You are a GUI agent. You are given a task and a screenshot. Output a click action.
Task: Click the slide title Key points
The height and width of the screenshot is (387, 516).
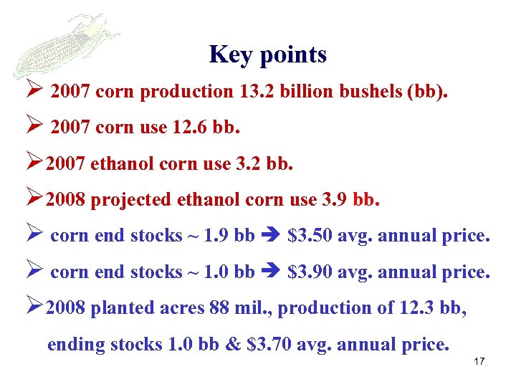point(268,54)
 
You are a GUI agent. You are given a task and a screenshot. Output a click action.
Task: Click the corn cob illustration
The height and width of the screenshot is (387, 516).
point(64,43)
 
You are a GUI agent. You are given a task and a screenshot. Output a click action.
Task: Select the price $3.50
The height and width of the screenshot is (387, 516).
point(310,236)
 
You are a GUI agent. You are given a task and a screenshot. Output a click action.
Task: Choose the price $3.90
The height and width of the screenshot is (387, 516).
point(310,272)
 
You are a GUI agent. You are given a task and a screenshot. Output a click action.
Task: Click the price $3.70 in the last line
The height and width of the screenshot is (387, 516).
point(269,344)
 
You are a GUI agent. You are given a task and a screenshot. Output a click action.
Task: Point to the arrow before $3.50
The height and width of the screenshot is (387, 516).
point(271,236)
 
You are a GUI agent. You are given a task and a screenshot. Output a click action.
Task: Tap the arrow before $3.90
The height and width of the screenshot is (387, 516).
point(271,272)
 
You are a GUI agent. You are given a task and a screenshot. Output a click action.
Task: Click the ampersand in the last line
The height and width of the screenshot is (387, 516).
point(233,344)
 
